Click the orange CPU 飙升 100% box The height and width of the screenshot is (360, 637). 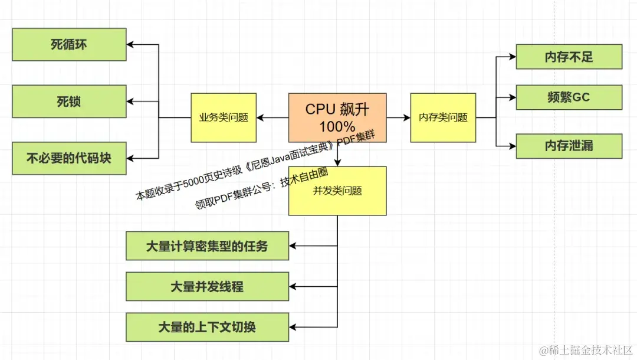337,117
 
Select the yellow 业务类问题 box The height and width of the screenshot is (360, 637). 224,117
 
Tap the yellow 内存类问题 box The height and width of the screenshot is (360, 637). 443,117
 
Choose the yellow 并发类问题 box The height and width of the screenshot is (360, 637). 337,191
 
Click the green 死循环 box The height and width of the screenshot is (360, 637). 69,44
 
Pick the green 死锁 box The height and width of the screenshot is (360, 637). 69,102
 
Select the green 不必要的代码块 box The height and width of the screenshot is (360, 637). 69,158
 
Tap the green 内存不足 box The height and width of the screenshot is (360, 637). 569,57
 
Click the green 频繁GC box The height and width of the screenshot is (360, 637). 569,97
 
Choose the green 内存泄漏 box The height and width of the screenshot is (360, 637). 569,146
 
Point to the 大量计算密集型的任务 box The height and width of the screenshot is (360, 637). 207,246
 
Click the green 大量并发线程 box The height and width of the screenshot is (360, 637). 207,287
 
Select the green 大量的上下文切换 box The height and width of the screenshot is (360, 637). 207,327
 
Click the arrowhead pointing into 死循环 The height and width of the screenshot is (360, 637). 131,45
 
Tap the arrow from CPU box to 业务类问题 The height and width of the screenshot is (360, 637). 272,118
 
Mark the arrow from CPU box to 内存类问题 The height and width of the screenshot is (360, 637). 399,118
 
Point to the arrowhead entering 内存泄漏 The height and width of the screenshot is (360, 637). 512,146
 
